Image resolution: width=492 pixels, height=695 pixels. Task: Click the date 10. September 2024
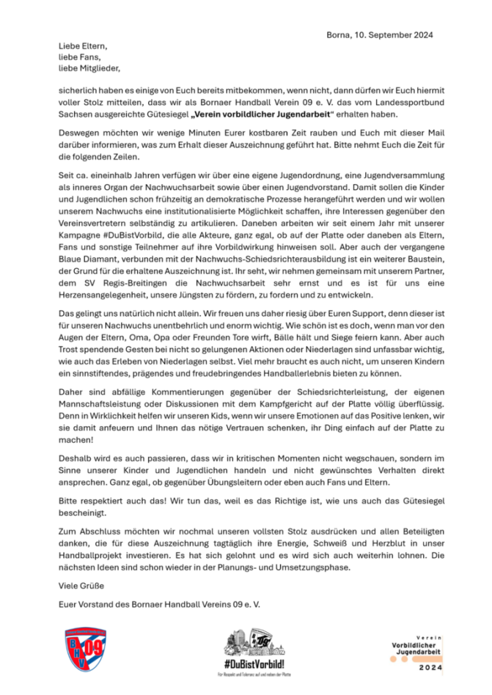tap(395, 34)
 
